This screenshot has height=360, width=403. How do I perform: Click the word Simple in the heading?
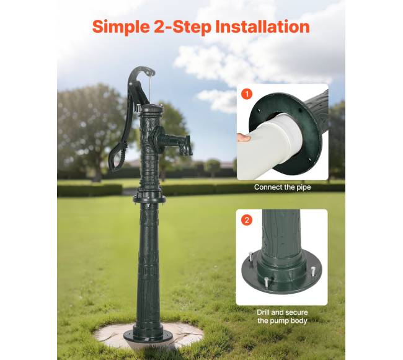(x=121, y=27)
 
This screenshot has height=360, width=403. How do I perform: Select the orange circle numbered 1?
(x=247, y=94)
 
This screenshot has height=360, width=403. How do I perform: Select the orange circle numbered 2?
(x=247, y=220)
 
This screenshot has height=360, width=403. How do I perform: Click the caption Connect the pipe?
(x=283, y=187)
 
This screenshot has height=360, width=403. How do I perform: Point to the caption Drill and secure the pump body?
(x=282, y=317)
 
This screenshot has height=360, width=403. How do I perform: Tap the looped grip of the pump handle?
(x=117, y=157)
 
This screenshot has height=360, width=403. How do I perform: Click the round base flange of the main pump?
(x=148, y=335)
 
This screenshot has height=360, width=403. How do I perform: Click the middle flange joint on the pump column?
(x=149, y=199)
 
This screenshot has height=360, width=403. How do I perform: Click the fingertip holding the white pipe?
(x=244, y=138)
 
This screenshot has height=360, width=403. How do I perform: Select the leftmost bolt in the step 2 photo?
(x=251, y=257)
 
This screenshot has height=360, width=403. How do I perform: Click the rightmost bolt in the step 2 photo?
(x=313, y=271)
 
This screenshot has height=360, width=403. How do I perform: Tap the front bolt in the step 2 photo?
(x=266, y=283)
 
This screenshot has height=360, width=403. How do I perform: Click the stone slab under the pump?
(x=149, y=336)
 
